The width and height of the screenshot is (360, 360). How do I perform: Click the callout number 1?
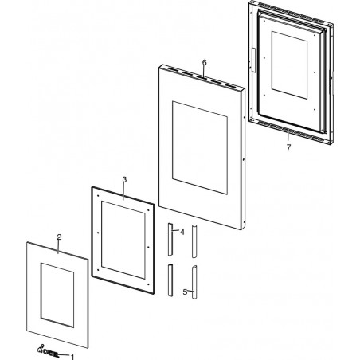[72, 357]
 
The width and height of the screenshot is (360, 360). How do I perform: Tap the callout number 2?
[59, 237]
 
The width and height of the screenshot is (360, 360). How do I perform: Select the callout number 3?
[124, 179]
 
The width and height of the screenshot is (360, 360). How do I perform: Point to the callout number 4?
[182, 233]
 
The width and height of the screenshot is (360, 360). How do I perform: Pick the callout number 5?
[185, 292]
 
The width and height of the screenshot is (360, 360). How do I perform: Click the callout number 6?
[204, 62]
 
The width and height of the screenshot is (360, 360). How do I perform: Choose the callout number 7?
[288, 147]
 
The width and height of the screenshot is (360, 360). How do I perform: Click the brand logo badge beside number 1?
[48, 354]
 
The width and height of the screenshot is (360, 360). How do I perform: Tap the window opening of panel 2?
[57, 295]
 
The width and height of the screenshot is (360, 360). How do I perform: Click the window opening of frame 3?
[123, 240]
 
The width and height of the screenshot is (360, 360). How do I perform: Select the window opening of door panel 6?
[200, 147]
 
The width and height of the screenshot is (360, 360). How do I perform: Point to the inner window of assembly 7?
[289, 65]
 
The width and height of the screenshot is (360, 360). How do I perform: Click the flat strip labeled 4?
[170, 240]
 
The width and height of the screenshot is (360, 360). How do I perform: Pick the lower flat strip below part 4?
[170, 280]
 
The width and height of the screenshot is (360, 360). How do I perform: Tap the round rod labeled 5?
[194, 282]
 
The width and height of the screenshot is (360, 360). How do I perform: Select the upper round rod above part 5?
[194, 241]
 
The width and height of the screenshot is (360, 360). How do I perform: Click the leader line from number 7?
[288, 136]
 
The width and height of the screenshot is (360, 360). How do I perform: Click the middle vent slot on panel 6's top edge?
[202, 77]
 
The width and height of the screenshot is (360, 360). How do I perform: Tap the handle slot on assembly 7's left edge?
[253, 60]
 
